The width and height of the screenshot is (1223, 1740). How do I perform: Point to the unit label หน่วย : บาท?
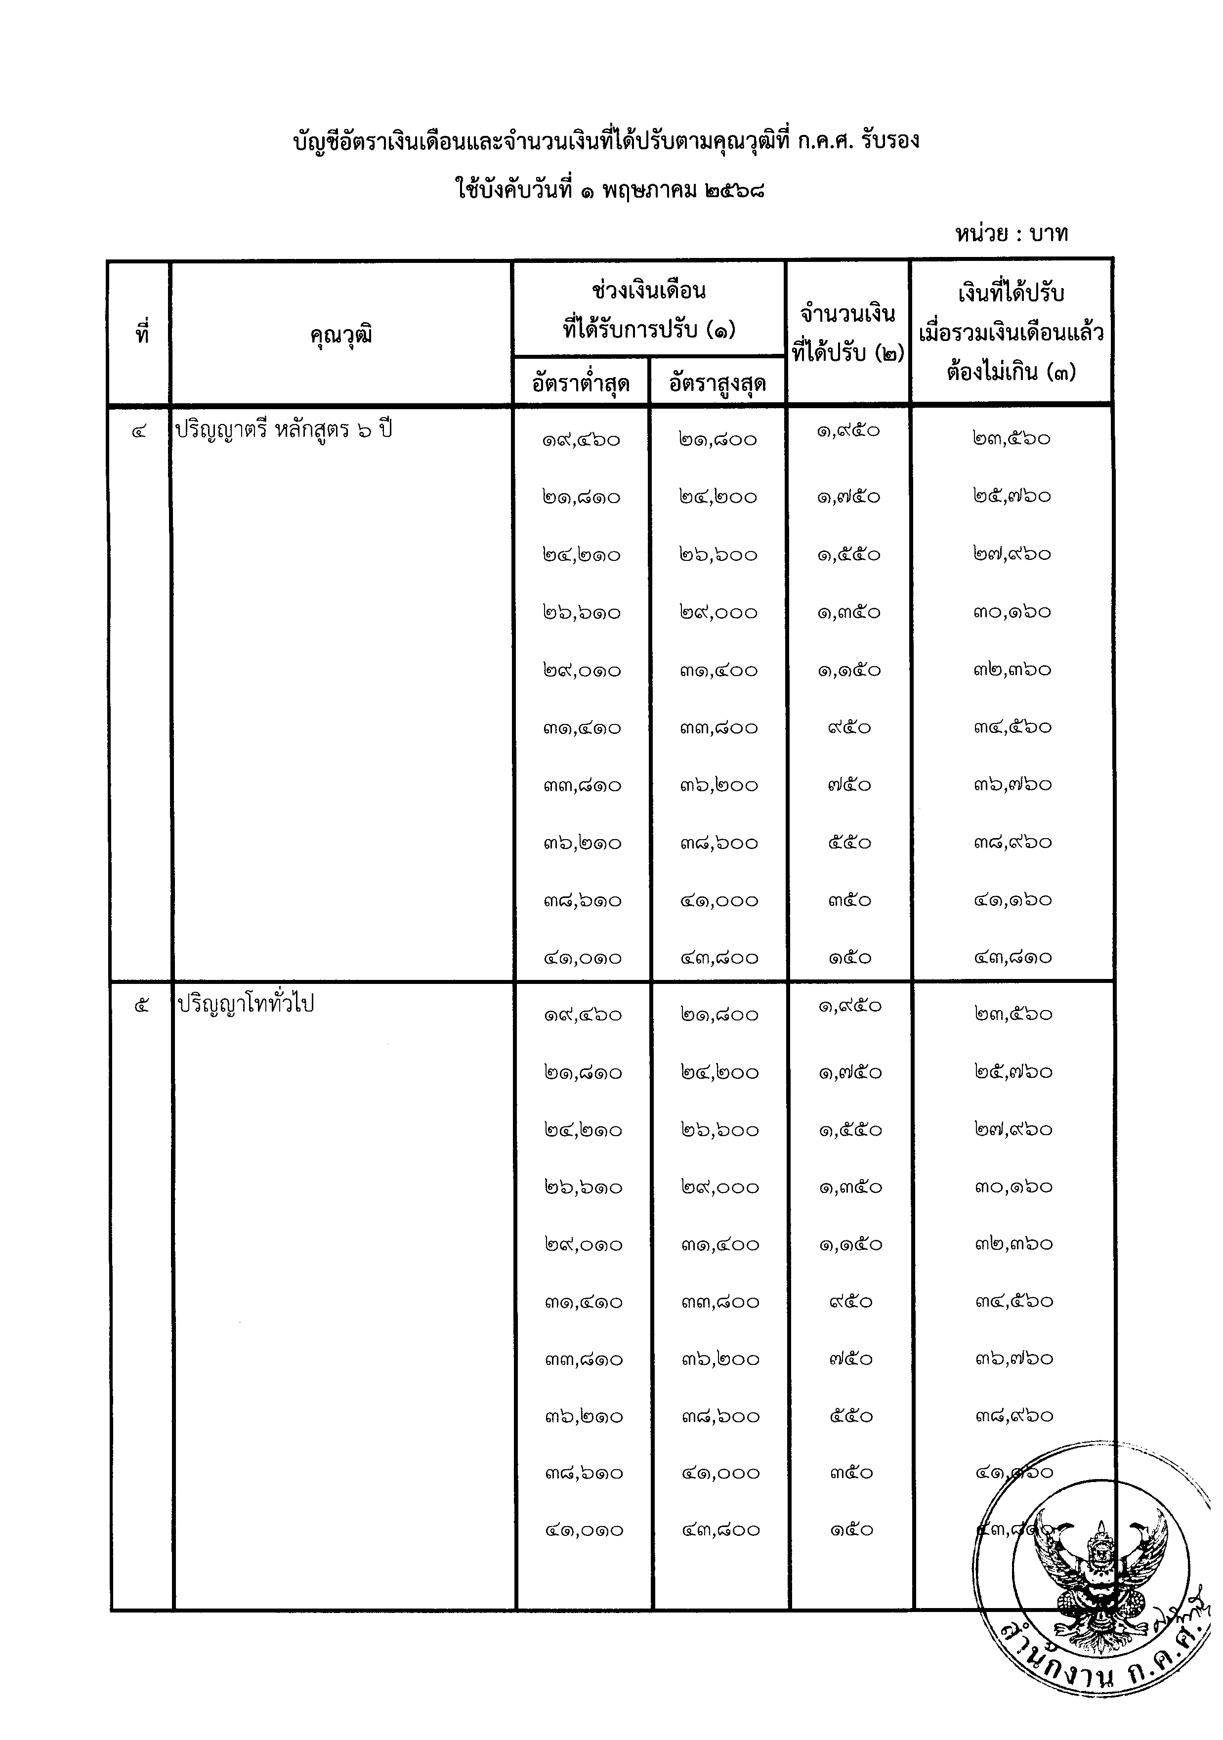pos(1012,233)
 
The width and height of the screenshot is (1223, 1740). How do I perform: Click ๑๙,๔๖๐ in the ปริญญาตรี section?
pos(581,439)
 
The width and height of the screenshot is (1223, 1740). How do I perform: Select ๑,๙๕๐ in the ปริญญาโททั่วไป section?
pos(850,1007)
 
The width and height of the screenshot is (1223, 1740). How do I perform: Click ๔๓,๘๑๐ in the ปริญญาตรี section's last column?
pos(1013,958)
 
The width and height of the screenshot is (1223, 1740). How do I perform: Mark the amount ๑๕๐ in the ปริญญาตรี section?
pos(849,958)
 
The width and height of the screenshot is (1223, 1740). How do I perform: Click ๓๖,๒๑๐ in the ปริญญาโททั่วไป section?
pos(584,1416)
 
